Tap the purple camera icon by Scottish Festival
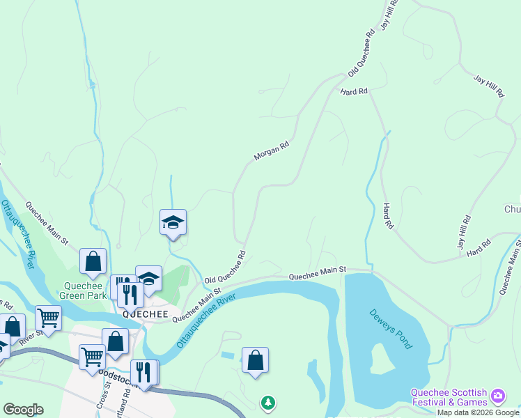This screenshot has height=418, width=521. click(498, 396)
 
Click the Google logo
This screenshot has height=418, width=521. click(24, 410)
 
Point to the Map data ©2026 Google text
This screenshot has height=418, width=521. click(479, 412)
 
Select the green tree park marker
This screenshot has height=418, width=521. click(267, 403)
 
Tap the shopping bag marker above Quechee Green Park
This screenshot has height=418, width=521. click(93, 262)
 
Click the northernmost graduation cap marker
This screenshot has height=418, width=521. click(173, 223)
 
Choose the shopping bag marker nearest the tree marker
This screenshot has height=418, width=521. click(256, 360)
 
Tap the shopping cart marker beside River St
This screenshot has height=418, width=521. click(48, 318)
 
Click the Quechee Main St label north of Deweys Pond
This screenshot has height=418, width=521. click(318, 273)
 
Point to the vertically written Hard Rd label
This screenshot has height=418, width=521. click(388, 217)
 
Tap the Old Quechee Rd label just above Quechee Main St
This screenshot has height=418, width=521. click(226, 268)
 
